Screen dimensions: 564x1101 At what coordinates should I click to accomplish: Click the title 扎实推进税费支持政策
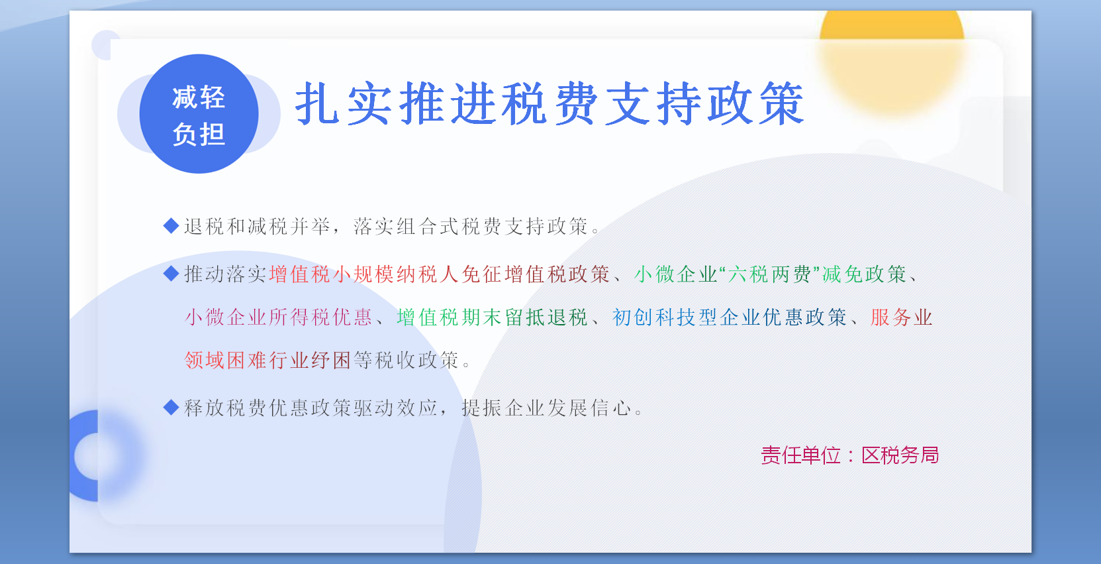pos(550,104)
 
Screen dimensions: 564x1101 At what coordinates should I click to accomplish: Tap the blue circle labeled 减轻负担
pos(199,114)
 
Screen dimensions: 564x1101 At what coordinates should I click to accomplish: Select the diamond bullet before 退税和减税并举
pos(171,226)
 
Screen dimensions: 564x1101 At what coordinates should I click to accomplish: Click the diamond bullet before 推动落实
pos(171,273)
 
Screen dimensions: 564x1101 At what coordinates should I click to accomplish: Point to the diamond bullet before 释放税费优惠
pos(171,407)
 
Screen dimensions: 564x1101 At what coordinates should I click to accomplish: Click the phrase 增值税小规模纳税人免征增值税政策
pos(439,274)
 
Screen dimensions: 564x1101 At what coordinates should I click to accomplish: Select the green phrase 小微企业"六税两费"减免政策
pos(770,274)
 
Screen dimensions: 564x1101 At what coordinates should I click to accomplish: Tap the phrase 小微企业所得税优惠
pos(278,317)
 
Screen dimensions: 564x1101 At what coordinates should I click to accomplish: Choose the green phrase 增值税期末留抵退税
pos(492,317)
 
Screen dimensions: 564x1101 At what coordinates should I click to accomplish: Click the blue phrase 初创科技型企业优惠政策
pos(729,317)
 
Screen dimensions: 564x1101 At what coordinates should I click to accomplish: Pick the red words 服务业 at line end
pos(901,317)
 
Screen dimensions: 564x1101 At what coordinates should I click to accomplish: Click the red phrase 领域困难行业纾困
pos(267,361)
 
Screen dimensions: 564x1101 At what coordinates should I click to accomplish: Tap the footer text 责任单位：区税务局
pos(849,455)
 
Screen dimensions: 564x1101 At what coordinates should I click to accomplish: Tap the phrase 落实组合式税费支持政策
pos(470,227)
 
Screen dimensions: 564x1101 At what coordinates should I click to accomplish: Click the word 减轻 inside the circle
pos(199,97)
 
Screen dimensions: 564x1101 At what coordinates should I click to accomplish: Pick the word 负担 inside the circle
pos(199,135)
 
